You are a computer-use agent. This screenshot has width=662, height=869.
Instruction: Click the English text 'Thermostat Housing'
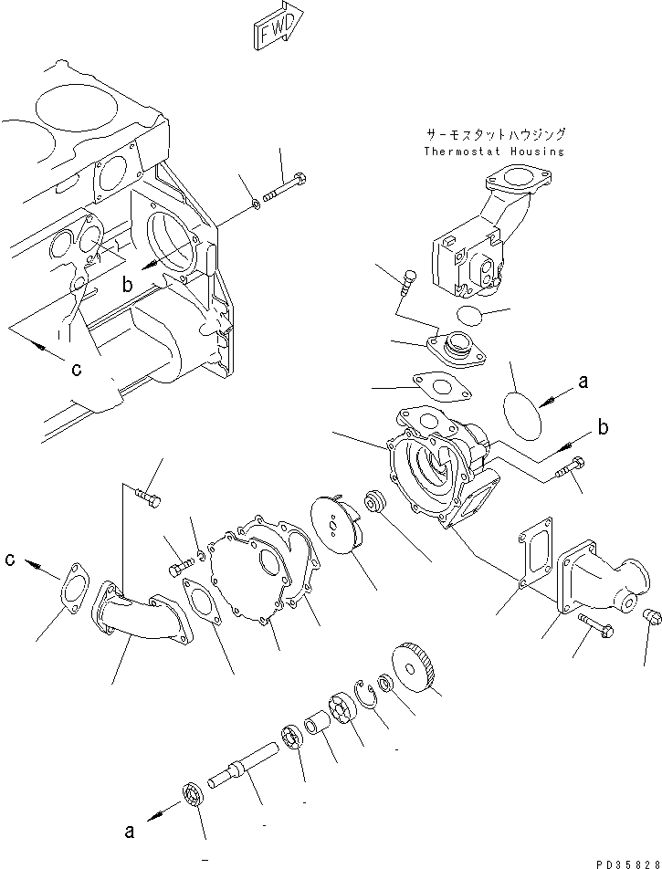494,152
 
